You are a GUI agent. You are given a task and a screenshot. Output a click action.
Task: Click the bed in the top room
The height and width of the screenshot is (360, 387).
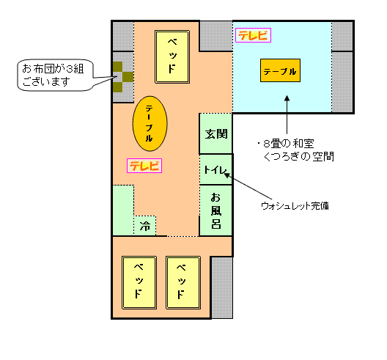172,56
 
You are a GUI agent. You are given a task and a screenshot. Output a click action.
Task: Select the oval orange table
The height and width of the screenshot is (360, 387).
150,123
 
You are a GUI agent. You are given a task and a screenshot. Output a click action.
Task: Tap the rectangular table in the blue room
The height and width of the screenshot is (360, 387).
280,70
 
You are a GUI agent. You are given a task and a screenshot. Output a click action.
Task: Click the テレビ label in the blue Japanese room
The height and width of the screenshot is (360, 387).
253,35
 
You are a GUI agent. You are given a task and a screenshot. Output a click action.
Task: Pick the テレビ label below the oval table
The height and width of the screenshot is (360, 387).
144,166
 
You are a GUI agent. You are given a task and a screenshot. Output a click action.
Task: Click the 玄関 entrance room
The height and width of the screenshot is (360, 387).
215,133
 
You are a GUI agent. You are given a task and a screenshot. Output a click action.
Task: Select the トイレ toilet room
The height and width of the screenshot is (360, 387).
215,169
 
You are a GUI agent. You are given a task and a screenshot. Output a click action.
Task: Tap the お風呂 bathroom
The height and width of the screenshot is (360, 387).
215,210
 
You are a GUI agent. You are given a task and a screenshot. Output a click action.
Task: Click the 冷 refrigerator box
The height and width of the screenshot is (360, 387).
145,226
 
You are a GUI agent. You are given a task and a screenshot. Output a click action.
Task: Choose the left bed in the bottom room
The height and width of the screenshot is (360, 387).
139,282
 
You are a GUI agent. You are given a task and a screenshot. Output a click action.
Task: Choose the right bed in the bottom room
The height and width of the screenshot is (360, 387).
183,282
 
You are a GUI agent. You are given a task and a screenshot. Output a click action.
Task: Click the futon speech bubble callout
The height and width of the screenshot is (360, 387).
55,75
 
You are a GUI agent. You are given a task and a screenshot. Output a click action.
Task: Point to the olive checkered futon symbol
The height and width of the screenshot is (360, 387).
123,77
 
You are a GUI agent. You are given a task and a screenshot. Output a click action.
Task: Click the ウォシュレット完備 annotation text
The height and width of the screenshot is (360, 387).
295,206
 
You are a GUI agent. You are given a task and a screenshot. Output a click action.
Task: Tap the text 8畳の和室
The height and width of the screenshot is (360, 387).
289,144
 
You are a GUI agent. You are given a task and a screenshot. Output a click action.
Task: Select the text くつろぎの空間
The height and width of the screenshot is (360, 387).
299,157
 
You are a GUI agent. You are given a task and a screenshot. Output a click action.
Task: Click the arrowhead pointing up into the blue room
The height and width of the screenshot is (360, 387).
287,98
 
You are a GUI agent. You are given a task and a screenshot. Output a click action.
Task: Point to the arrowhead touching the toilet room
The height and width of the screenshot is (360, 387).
226,175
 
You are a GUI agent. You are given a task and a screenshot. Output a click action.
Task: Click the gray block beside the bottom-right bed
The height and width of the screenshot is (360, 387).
221,287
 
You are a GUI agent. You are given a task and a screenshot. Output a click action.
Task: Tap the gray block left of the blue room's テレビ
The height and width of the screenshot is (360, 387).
216,36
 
